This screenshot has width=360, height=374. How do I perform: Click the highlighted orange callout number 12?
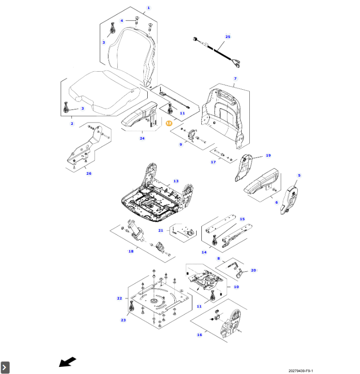[169, 122]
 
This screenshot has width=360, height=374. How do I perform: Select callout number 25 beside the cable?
[227, 37]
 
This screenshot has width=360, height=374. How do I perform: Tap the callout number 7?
[235, 78]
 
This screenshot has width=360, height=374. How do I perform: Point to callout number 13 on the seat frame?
[176, 181]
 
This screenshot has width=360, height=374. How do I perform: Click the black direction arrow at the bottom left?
[67, 362]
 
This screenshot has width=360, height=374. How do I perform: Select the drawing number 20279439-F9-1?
[301, 371]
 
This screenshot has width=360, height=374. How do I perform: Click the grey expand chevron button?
[5, 367]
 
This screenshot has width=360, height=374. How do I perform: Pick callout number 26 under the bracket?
[88, 173]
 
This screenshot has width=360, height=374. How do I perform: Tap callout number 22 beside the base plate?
[119, 298]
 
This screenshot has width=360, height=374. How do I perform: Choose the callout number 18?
[131, 251]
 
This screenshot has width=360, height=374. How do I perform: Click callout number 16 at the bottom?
[199, 335]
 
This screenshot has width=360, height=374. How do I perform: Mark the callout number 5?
[299, 176]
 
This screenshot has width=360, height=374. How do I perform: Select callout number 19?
[268, 155]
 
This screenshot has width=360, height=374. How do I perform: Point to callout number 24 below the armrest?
[142, 138]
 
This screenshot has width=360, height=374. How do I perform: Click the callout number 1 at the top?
[148, 8]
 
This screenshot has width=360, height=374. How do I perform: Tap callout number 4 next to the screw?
[122, 20]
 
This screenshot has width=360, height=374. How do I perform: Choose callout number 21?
[161, 230]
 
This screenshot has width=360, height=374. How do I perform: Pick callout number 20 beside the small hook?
[253, 270]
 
